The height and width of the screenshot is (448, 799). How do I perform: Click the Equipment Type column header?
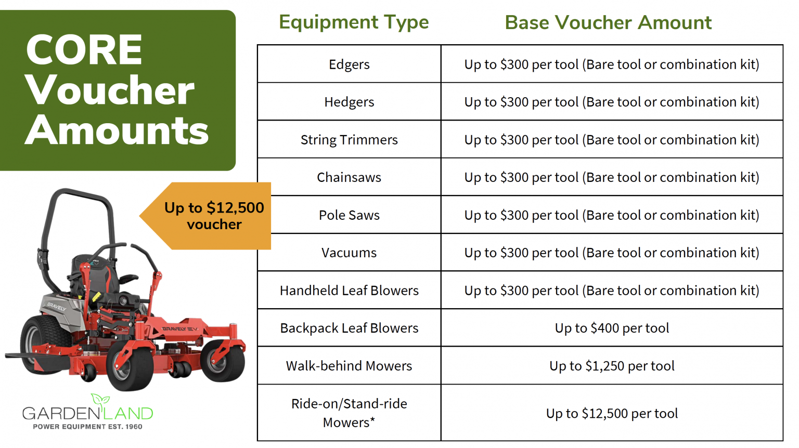pyautogui.click(x=354, y=22)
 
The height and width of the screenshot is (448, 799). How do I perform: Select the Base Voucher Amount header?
pyautogui.click(x=608, y=23)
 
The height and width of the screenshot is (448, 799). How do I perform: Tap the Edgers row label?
pyautogui.click(x=349, y=64)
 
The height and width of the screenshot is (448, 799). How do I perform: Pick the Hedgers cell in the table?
pyautogui.click(x=349, y=102)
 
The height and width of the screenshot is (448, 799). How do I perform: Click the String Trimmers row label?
pyautogui.click(x=349, y=140)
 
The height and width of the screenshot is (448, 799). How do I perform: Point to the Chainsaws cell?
pyautogui.click(x=349, y=177)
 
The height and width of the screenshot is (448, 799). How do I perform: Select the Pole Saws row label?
pyautogui.click(x=349, y=215)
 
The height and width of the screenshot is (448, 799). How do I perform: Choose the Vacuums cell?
pyautogui.click(x=349, y=253)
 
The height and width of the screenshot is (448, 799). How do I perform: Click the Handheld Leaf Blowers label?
pyautogui.click(x=349, y=291)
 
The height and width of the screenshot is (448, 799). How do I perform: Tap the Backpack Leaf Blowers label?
pyautogui.click(x=349, y=328)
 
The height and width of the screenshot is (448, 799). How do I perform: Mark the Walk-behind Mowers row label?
pyautogui.click(x=349, y=366)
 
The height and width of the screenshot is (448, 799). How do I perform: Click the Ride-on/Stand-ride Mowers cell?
pyautogui.click(x=349, y=413)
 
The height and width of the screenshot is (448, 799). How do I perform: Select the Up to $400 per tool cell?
pyautogui.click(x=612, y=328)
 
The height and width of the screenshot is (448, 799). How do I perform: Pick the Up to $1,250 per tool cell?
pyautogui.click(x=612, y=366)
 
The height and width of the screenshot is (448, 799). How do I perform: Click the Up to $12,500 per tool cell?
pyautogui.click(x=612, y=413)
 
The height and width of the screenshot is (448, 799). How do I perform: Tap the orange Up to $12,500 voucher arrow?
pyautogui.click(x=213, y=216)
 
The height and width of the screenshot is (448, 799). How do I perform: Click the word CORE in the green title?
pyautogui.click(x=84, y=50)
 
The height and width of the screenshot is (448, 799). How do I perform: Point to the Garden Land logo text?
pyautogui.click(x=87, y=414)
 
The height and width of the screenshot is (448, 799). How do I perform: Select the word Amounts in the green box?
pyautogui.click(x=117, y=130)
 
